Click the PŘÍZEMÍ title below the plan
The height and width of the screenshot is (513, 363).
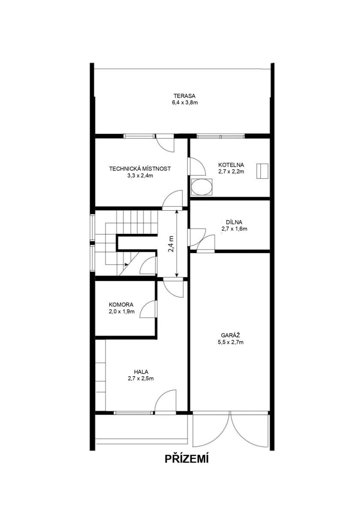pos(187,459)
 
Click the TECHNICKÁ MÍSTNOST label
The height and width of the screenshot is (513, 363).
pos(140,168)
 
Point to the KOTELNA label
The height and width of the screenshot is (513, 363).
pos(231,165)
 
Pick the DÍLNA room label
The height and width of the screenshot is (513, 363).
pos(234,222)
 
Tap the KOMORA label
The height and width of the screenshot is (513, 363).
pos(121,304)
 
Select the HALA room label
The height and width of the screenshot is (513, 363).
pos(140,371)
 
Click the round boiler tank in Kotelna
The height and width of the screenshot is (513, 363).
pos(201,187)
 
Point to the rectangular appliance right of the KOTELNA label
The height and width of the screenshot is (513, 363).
pos(262,171)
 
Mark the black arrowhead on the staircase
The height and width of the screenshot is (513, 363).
pos(126,265)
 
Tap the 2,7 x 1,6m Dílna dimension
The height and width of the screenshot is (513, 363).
pos(234,229)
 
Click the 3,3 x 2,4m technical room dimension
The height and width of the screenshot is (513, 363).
pos(140,175)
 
